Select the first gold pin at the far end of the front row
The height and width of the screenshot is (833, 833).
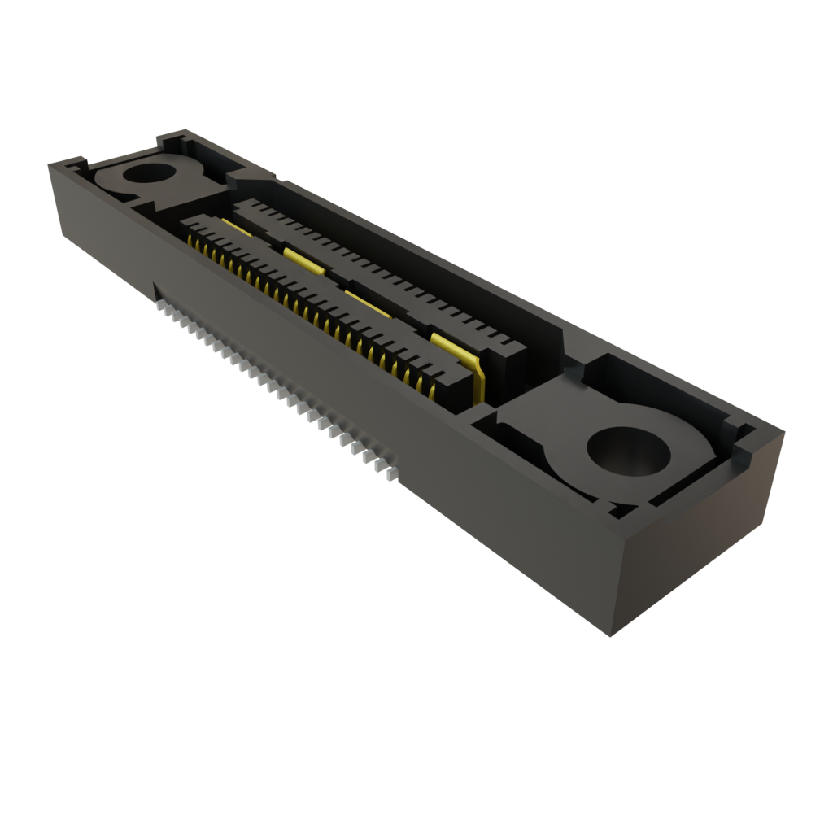pyautogui.click(x=191, y=242)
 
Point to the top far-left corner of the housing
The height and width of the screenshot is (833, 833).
pyautogui.click(x=50, y=164)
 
